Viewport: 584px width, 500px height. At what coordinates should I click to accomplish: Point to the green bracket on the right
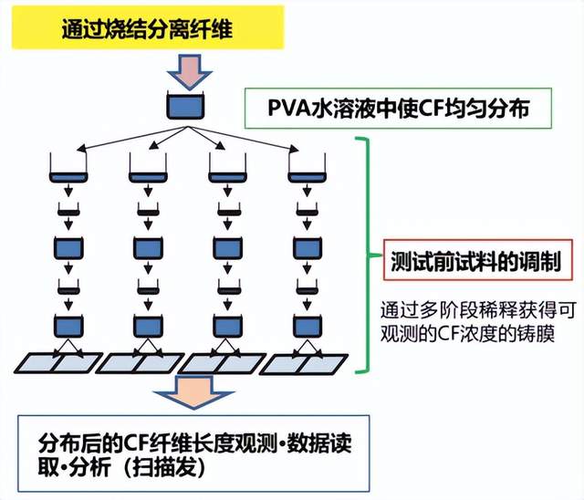[364, 255]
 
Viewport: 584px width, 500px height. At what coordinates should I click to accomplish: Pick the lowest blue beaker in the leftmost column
[67, 324]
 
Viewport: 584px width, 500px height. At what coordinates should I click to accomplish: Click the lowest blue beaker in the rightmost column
[306, 324]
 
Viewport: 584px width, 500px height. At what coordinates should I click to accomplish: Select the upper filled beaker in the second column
[147, 246]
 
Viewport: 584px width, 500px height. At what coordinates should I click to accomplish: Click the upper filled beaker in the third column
[225, 246]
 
